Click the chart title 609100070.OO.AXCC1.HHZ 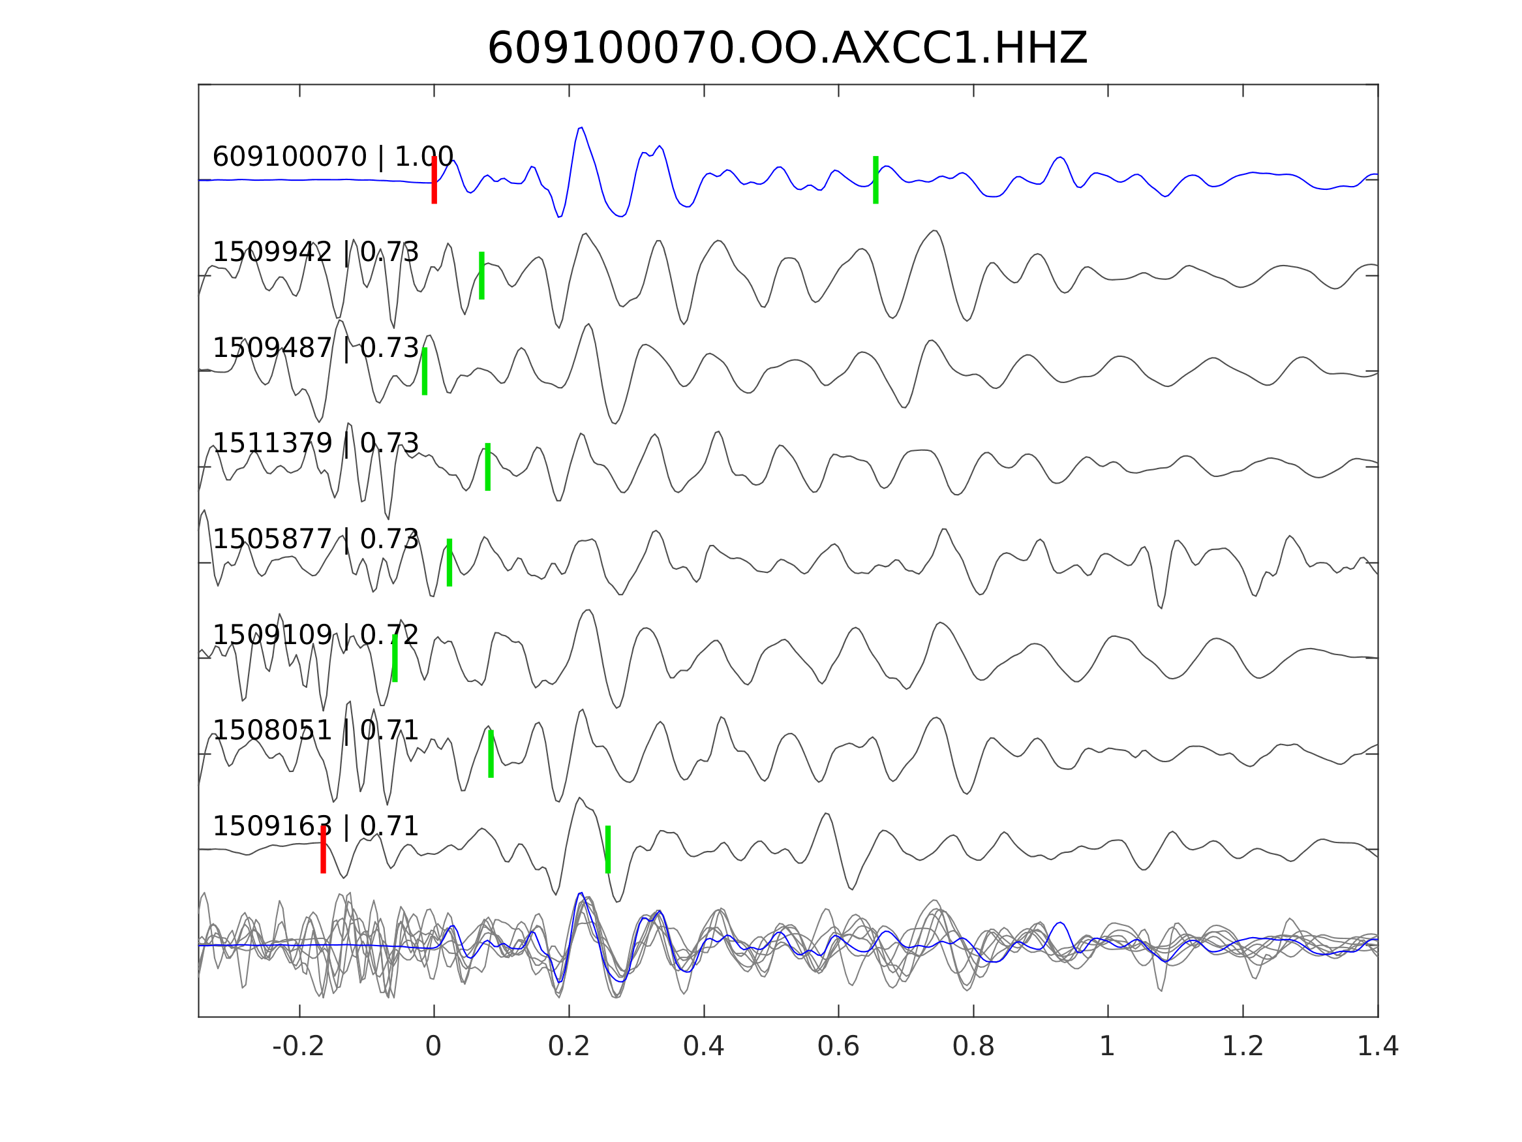coord(787,49)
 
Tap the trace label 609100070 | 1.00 coord(332,157)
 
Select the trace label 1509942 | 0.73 coord(315,253)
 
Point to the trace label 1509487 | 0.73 coord(315,348)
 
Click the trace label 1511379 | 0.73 coord(315,443)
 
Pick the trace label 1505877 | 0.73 coord(315,539)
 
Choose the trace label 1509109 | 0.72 coord(315,635)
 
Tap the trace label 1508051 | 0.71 coord(315,730)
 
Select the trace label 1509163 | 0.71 coord(315,826)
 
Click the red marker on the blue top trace coord(434,179)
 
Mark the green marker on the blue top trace coord(875,179)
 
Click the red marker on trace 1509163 coord(323,850)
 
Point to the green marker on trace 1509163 coord(607,850)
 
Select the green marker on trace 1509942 coord(481,275)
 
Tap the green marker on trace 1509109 coord(395,658)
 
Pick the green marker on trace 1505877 coord(449,563)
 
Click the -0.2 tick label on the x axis coord(298,1047)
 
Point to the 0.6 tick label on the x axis coord(838,1047)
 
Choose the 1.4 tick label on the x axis coord(1377,1047)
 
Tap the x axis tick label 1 coord(1107,1047)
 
